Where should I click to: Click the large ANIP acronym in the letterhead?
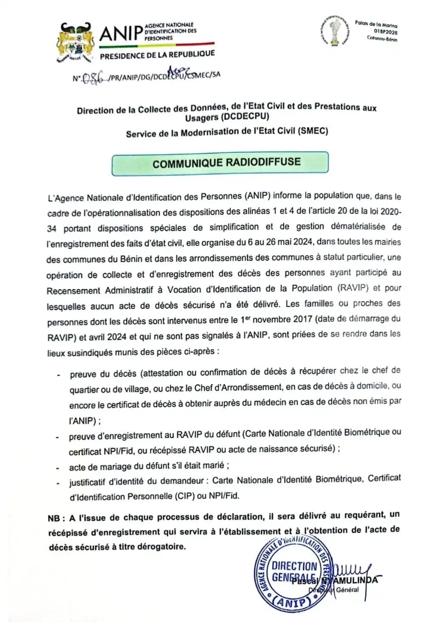(121, 33)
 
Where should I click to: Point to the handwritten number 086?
(92, 78)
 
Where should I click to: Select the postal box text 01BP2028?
(386, 31)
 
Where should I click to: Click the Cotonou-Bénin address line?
(382, 39)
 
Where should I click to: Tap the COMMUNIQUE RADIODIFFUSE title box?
(220, 163)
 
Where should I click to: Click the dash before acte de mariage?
(57, 468)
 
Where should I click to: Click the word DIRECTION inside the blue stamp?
(294, 566)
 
